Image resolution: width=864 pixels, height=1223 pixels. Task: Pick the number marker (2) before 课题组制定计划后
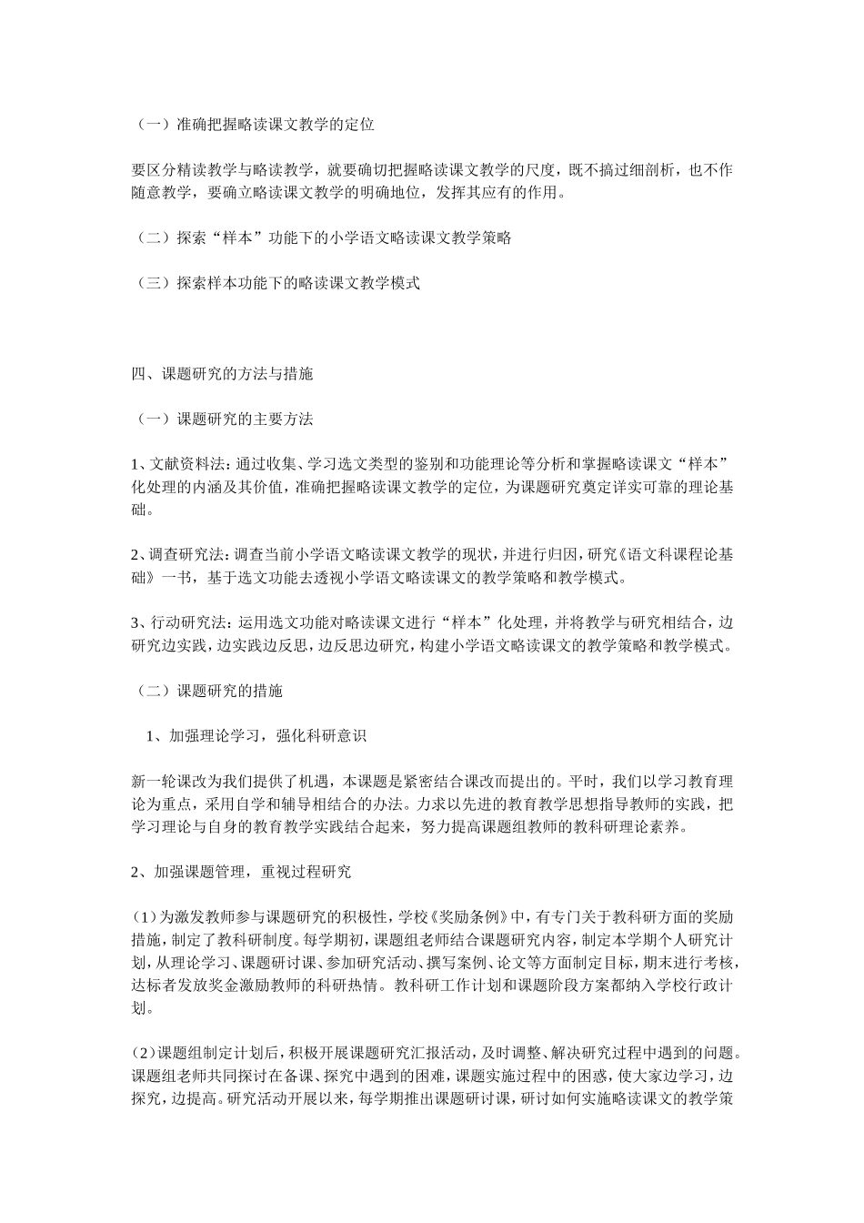[x=145, y=1053]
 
